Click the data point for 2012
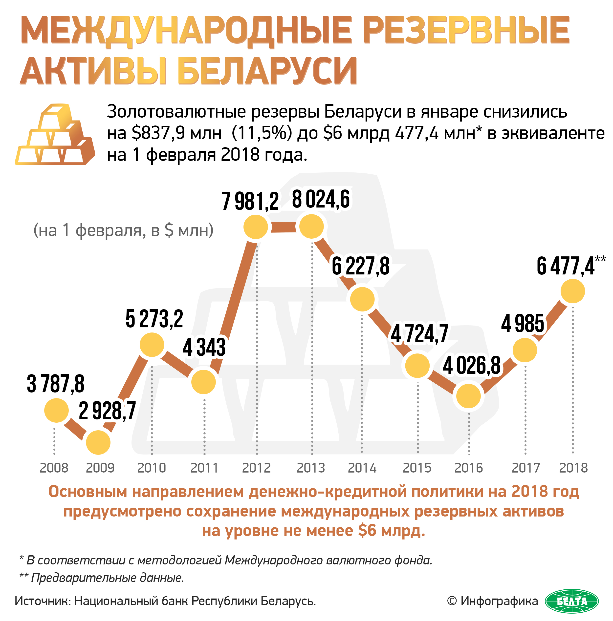click(x=255, y=227)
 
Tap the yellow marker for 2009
click(x=98, y=442)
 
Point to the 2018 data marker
click(x=572, y=291)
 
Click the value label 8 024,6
click(x=320, y=200)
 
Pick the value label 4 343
click(x=204, y=347)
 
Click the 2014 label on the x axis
click(x=362, y=468)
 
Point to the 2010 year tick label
click(x=152, y=468)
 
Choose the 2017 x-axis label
click(x=525, y=468)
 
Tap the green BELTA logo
click(x=571, y=601)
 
